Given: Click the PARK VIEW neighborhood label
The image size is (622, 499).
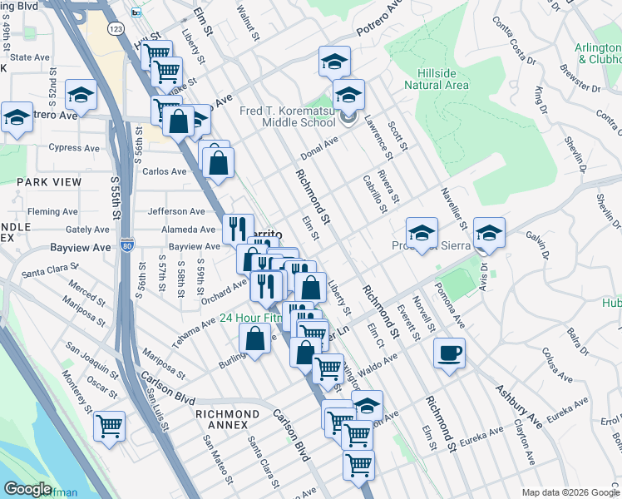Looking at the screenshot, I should (x=47, y=180).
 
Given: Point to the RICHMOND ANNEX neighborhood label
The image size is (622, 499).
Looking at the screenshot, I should (x=227, y=419).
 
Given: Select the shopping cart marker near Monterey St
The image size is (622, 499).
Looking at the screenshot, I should (x=109, y=426).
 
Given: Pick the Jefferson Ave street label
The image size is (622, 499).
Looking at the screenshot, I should (x=175, y=212).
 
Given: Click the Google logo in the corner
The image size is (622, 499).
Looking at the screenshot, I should (x=27, y=489).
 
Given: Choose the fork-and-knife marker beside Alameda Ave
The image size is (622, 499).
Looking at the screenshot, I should (x=238, y=228).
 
